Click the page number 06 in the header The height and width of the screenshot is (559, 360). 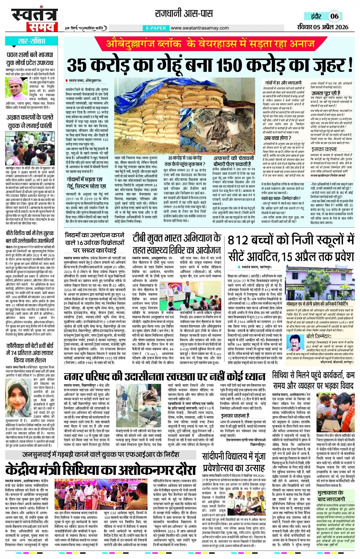click(334, 16)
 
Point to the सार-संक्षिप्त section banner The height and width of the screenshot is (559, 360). click(31, 41)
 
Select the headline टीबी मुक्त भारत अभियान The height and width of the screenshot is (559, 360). click(177, 238)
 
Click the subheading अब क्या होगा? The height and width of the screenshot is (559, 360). click(278, 138)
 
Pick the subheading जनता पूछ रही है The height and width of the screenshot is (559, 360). click(326, 93)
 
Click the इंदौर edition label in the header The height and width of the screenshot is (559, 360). click(316, 16)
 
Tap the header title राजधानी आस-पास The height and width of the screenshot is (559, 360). click(183, 14)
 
